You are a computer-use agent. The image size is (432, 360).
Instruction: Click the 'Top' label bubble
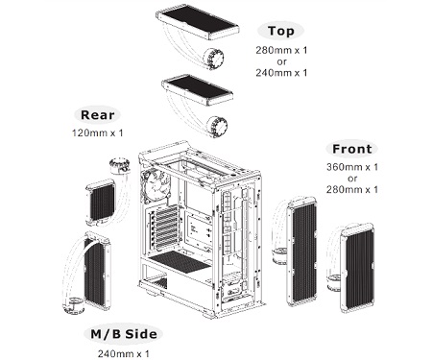(x=281, y=31)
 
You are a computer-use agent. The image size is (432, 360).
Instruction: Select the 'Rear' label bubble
(x=97, y=115)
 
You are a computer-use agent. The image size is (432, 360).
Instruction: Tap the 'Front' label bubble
(x=352, y=149)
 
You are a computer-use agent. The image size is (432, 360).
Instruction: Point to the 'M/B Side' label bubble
(x=124, y=334)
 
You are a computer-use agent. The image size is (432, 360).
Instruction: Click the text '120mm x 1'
(x=98, y=132)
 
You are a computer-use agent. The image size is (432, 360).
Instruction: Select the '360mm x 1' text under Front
(x=352, y=167)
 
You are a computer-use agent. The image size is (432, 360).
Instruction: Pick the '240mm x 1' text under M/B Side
(x=124, y=353)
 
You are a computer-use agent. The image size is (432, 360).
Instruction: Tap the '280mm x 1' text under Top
(x=281, y=50)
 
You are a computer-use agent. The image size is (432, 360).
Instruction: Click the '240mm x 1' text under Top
(x=281, y=73)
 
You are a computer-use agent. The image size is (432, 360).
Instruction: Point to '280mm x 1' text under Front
(x=352, y=189)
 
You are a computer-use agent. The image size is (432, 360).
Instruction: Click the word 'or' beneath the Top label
(x=282, y=61)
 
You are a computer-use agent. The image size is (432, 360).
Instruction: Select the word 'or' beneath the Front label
(x=352, y=179)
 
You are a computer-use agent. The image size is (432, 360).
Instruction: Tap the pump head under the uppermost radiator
(x=213, y=58)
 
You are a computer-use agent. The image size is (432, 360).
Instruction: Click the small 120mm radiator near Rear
(x=100, y=202)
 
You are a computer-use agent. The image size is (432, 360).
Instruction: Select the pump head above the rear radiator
(x=119, y=165)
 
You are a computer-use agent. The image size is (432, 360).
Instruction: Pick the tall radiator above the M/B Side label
(x=98, y=271)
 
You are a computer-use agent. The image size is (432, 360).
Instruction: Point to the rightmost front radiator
(x=357, y=268)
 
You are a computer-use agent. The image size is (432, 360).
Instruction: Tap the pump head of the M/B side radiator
(x=74, y=305)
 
